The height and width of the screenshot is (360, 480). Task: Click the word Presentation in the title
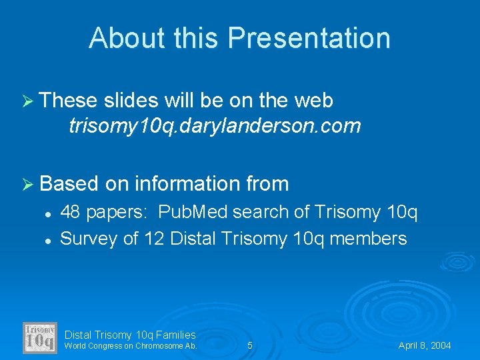pyautogui.click(x=309, y=38)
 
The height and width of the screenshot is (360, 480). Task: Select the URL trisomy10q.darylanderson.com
pyautogui.click(x=214, y=125)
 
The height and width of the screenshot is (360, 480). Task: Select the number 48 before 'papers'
pyautogui.click(x=71, y=213)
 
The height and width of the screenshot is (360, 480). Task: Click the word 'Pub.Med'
pyautogui.click(x=194, y=213)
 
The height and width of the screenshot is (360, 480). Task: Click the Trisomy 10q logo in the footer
pyautogui.click(x=40, y=337)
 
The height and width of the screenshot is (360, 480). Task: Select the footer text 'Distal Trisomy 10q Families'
pyautogui.click(x=130, y=335)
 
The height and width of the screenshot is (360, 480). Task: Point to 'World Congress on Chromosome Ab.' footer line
pyautogui.click(x=131, y=346)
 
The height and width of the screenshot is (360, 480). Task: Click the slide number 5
pyautogui.click(x=250, y=345)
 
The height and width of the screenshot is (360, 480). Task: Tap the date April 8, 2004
pyautogui.click(x=425, y=345)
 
